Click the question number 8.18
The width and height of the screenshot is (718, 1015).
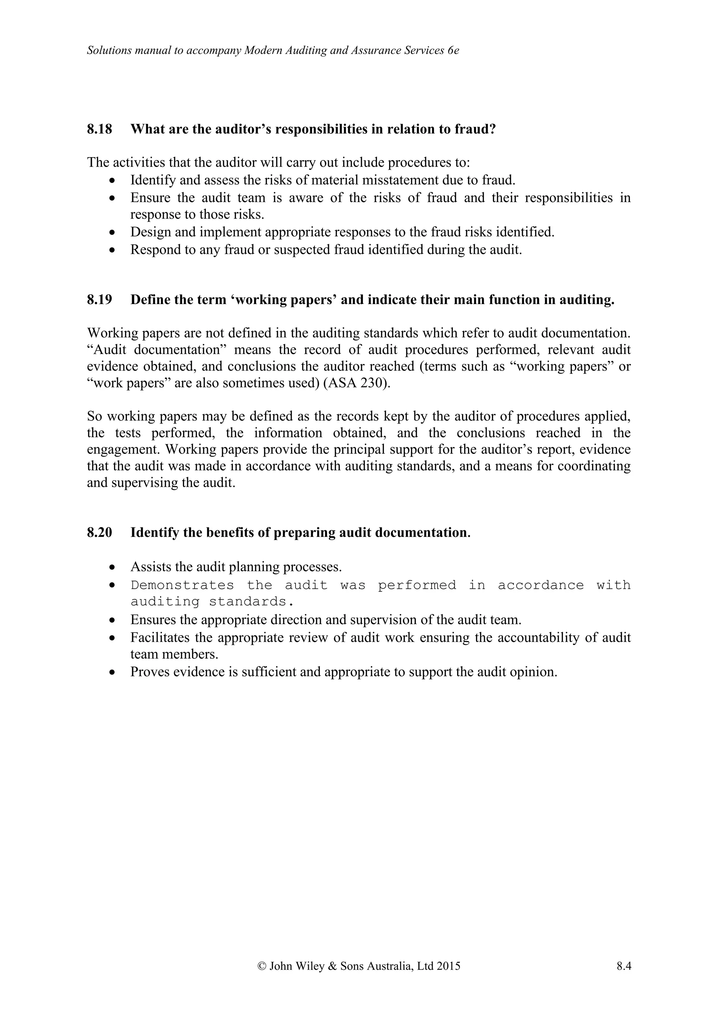coord(100,130)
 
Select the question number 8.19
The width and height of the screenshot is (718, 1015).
coord(100,300)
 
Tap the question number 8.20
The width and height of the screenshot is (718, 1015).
coord(100,533)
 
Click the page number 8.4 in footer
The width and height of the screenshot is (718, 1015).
coord(624,966)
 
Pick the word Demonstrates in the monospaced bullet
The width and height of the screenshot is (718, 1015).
coord(182,585)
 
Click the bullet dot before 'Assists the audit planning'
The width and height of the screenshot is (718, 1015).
coord(113,567)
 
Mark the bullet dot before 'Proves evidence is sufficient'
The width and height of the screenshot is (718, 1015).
coord(113,672)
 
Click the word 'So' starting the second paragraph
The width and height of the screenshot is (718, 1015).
coord(94,416)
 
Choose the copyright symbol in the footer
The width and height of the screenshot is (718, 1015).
coord(261,966)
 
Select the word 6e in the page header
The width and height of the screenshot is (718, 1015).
coord(453,51)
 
